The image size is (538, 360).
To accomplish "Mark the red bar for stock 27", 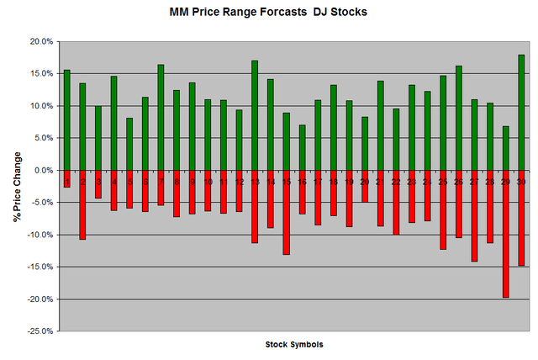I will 474,215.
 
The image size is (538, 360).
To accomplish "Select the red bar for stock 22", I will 396,202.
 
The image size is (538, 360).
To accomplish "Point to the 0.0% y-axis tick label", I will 43,170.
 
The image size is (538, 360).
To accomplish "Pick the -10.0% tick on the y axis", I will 40,235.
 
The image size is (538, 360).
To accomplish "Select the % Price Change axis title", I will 17,187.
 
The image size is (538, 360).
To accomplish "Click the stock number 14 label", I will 271,181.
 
